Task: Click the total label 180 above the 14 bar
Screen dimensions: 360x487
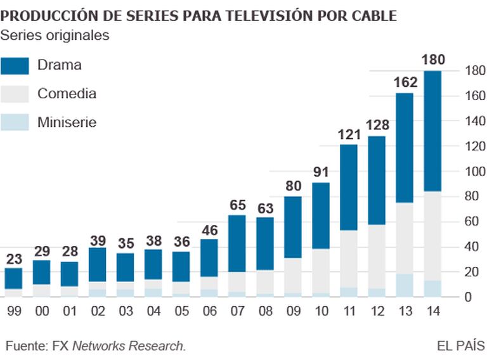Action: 433,61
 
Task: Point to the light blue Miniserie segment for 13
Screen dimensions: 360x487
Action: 405,285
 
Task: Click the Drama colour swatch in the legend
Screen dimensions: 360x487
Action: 15,65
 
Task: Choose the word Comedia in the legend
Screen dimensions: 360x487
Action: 67,94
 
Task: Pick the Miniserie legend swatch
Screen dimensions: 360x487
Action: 15,122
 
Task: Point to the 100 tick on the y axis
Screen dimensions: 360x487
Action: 475,171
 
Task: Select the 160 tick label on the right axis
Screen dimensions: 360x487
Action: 475,96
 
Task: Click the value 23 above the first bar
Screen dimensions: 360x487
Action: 13,259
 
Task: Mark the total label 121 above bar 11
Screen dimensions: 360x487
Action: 349,135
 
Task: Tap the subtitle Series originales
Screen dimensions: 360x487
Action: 55,35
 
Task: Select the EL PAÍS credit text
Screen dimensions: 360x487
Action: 461,346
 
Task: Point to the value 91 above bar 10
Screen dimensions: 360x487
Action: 321,172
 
